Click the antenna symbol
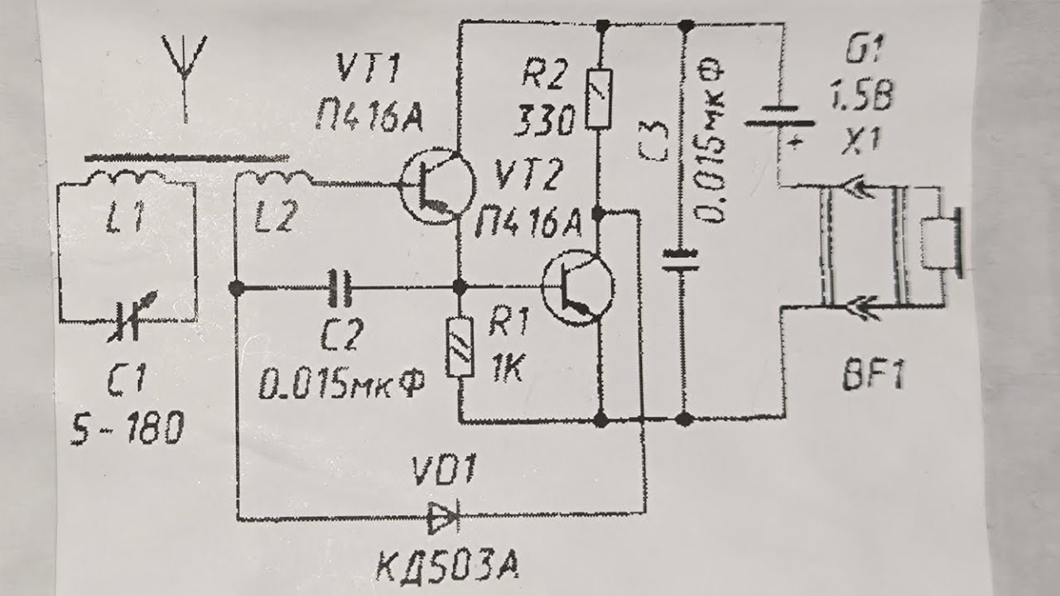coord(185,71)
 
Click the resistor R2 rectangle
coord(599,99)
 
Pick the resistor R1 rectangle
coord(460,347)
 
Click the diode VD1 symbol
coord(443,517)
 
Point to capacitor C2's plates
coord(340,287)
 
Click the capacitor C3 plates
coord(681,261)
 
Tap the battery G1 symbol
coord(779,118)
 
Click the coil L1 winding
coord(125,179)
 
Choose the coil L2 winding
coord(274,179)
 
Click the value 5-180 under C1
coord(127,427)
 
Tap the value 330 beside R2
coord(543,121)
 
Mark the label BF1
coord(874,376)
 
